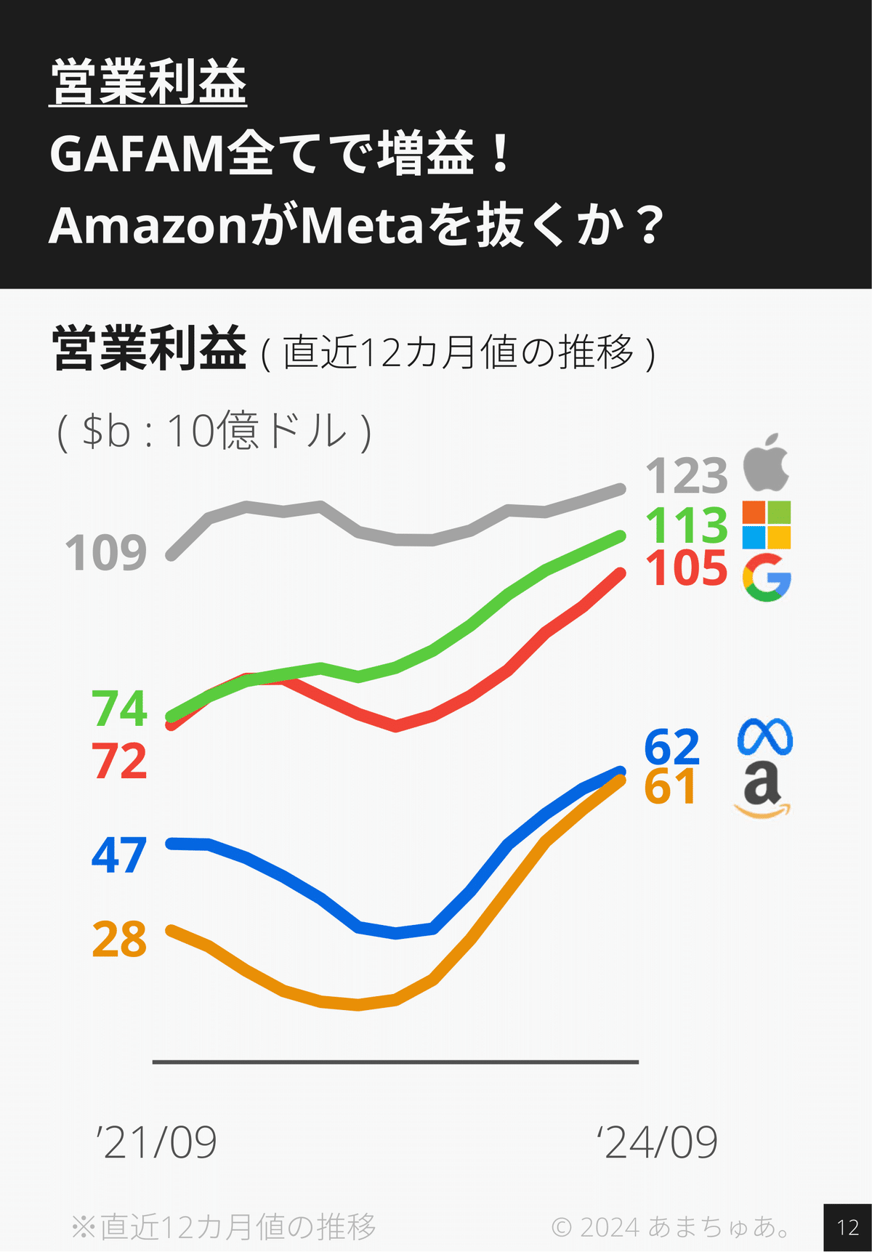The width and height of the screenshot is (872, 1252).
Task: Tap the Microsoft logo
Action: [767, 525]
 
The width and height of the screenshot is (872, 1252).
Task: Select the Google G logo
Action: [767, 578]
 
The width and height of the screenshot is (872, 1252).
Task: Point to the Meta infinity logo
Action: [764, 738]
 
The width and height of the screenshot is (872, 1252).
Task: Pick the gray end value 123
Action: [687, 477]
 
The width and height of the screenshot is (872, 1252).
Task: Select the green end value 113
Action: [687, 525]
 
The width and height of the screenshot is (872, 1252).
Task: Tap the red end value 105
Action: [687, 568]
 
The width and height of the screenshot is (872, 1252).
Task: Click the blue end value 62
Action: [672, 747]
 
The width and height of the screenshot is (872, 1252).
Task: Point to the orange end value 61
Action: [670, 787]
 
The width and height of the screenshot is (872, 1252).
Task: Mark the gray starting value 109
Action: [106, 553]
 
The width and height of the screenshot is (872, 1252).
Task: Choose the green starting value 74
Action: [120, 708]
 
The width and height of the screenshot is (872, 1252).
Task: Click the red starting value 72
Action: [120, 762]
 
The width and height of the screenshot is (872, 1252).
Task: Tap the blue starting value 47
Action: [119, 855]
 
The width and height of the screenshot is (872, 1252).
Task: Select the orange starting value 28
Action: [119, 940]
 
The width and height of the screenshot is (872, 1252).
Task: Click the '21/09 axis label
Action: [156, 1142]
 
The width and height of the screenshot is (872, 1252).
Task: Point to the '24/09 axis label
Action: [657, 1142]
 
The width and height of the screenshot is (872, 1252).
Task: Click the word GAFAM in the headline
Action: [137, 154]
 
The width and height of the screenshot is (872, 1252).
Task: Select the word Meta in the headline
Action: [361, 225]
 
